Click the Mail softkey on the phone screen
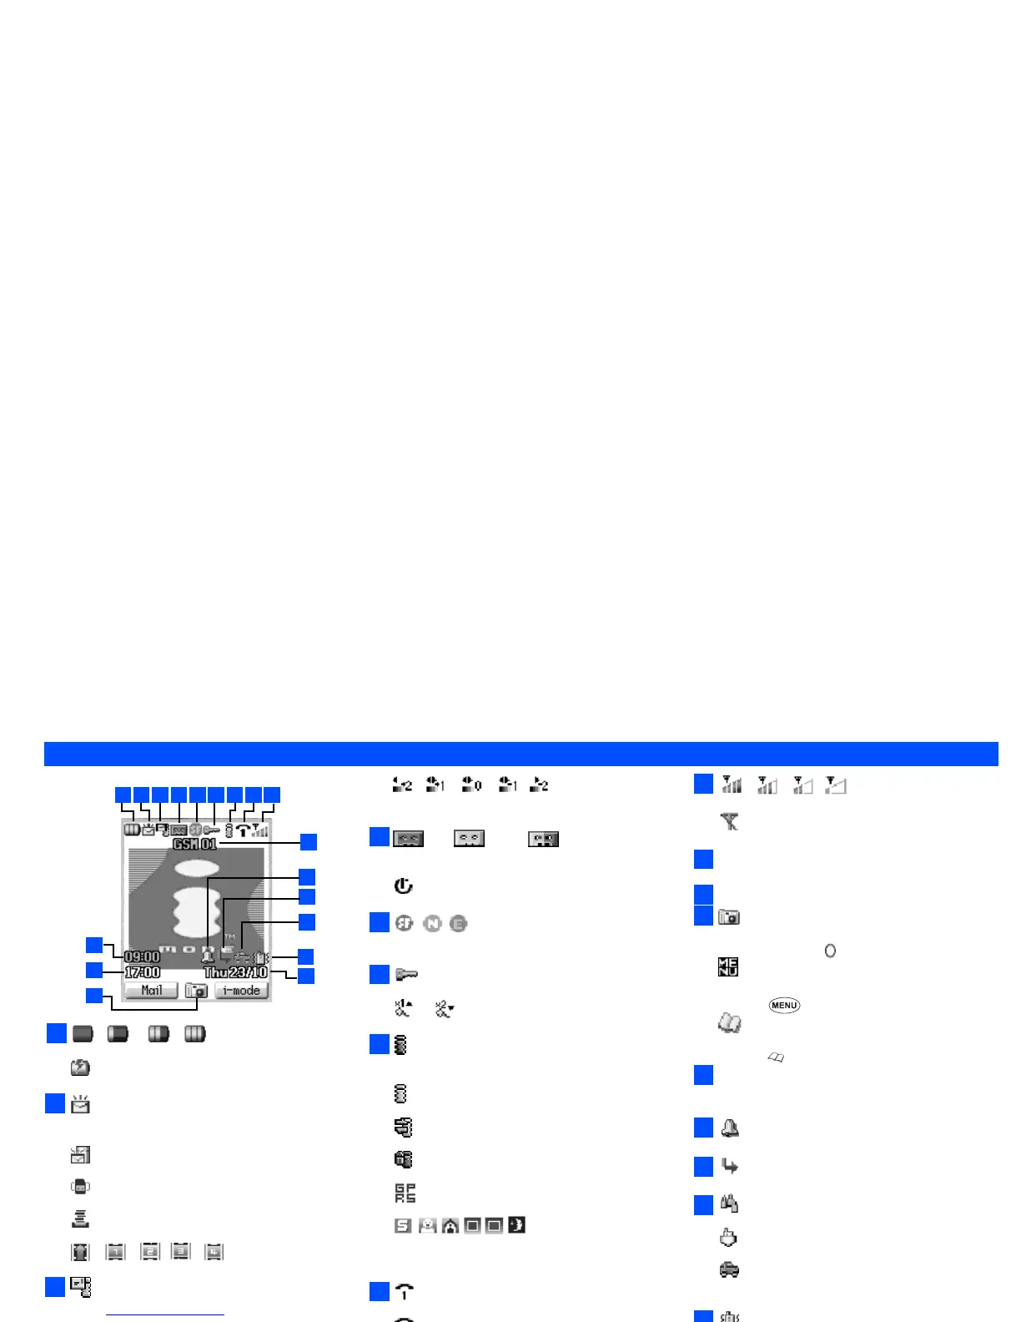point(151,991)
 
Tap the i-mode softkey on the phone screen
point(242,991)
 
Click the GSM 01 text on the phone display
point(194,844)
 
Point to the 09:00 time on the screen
point(142,956)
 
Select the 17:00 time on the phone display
point(142,972)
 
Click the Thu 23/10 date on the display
point(236,972)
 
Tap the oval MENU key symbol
point(784,1005)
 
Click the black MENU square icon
point(728,967)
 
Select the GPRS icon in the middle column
point(405,1193)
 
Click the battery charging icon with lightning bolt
point(80,1067)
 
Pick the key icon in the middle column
point(405,974)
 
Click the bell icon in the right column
point(729,1128)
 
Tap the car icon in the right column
point(729,1269)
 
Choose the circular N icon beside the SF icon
point(432,923)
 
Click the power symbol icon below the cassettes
point(403,886)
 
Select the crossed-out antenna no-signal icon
point(730,822)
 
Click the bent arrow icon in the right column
point(729,1166)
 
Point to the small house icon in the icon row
point(450,1226)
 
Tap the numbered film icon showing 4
point(214,1252)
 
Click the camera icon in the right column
point(729,917)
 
